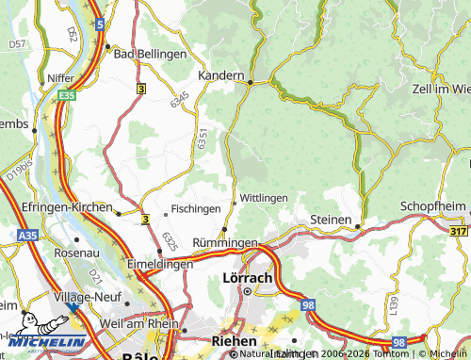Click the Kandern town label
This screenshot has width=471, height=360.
221,74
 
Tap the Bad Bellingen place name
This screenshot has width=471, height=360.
150,54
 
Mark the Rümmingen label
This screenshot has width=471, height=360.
225,243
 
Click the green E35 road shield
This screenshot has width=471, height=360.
65,95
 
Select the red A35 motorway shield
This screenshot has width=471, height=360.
27,235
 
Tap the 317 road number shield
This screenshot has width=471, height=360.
459,232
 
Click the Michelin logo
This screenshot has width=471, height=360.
42,341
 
